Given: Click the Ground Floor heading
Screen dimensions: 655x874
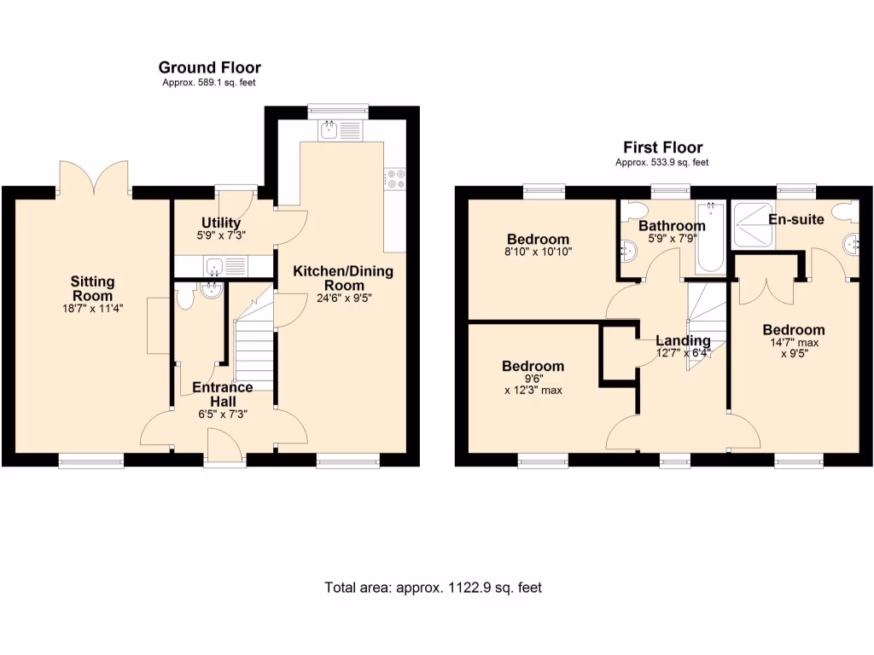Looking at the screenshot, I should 209,67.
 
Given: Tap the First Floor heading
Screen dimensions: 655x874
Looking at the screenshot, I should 662,148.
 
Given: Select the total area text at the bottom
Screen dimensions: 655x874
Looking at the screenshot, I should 433,588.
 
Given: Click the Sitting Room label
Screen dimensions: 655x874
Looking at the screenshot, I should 92,288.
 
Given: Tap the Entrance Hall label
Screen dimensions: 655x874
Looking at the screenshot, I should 222,394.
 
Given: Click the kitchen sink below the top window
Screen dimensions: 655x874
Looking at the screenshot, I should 329,130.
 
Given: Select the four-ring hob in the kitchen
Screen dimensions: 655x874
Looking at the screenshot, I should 395,177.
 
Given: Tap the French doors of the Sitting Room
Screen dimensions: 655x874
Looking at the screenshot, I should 95,178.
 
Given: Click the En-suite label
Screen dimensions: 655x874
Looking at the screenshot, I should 795,219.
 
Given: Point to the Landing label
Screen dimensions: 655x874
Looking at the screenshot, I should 683,340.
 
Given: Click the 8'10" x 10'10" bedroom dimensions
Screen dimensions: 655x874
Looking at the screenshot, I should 538,252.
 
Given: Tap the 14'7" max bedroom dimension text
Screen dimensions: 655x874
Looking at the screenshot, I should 794,345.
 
